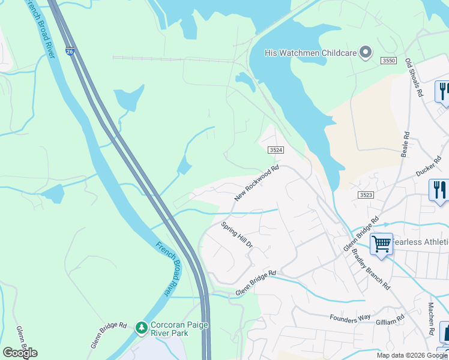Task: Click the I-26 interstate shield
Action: click(70, 52)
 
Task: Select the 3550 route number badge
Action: click(388, 61)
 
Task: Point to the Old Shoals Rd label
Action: click(414, 79)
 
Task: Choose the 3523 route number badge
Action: click(366, 195)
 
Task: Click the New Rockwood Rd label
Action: click(257, 184)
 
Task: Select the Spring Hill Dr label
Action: click(237, 235)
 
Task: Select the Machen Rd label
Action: click(432, 319)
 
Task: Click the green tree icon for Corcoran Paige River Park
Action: click(141, 328)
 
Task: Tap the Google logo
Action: click(20, 353)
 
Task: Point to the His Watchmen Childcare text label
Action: click(311, 53)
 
